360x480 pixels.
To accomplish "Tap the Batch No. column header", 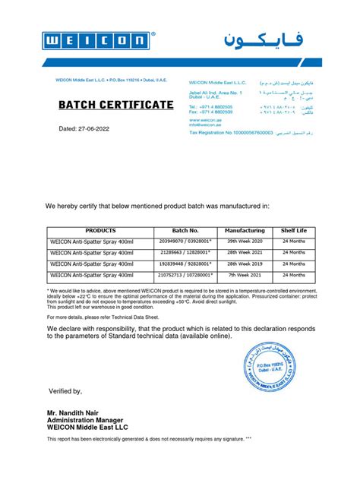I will (x=185, y=230).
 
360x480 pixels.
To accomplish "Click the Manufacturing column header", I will (x=245, y=230).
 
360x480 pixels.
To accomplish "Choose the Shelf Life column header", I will (x=293, y=230).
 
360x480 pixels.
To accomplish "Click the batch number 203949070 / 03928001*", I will (x=185, y=242).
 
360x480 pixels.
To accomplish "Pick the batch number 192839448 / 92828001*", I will (x=185, y=264).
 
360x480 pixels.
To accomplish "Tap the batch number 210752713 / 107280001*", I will (x=185, y=274).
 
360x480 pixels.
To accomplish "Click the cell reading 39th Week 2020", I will (x=245, y=242).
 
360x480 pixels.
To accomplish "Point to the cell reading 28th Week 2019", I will (x=245, y=264).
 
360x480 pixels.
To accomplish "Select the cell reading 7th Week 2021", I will (x=245, y=274).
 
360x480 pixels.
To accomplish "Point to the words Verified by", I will (x=65, y=391).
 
